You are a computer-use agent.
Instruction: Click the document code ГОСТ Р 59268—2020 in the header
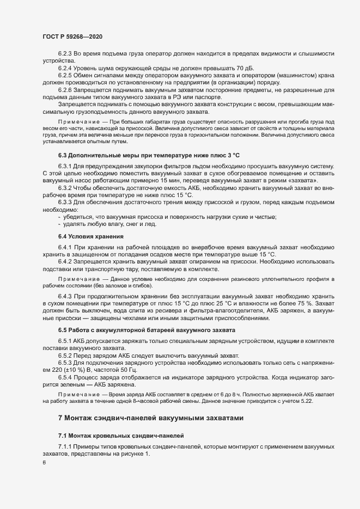72,35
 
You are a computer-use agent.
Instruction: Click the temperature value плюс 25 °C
214,303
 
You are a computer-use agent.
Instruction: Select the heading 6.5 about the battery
147,330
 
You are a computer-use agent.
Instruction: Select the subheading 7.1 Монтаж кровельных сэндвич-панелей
122,436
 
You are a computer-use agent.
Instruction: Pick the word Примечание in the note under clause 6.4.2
78,279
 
